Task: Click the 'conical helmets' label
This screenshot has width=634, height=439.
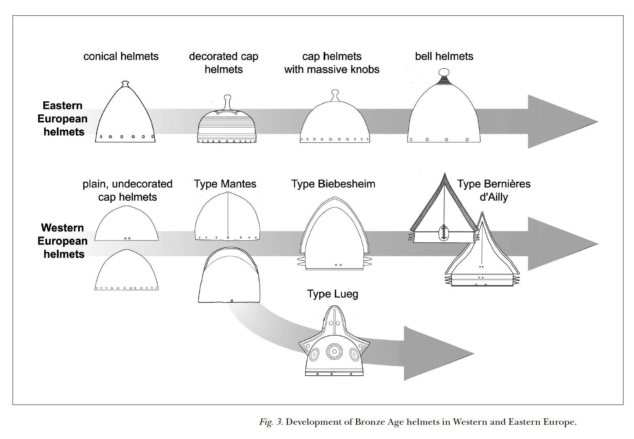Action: click(x=121, y=56)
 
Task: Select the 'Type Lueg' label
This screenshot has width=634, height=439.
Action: click(x=333, y=294)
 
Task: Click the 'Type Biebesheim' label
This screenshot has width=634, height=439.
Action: click(x=333, y=184)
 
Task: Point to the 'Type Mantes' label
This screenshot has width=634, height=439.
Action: click(x=225, y=184)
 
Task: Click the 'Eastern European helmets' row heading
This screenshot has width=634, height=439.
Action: click(x=62, y=119)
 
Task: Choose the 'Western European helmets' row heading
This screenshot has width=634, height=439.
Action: click(x=62, y=241)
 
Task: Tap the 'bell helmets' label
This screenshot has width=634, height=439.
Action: click(x=444, y=56)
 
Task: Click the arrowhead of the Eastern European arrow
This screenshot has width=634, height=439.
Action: click(x=563, y=122)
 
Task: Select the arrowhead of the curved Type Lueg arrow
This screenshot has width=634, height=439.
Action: click(x=438, y=353)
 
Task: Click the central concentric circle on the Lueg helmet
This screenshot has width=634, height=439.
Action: click(x=334, y=351)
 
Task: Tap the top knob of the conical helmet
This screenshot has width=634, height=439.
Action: click(x=125, y=84)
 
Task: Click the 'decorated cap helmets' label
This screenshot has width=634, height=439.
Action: click(x=224, y=63)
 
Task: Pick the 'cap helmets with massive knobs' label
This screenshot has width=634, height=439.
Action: click(x=332, y=63)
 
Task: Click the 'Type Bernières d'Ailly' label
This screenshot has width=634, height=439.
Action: click(x=494, y=191)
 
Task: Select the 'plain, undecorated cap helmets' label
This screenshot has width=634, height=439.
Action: click(x=127, y=191)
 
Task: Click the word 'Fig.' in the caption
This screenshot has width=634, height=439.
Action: click(x=266, y=422)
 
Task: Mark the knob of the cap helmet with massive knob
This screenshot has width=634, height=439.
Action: click(x=335, y=95)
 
